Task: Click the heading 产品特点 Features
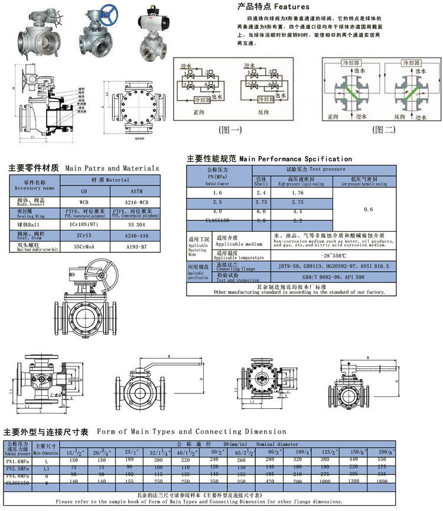273,6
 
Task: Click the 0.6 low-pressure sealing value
369,209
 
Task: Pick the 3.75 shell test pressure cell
261,201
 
